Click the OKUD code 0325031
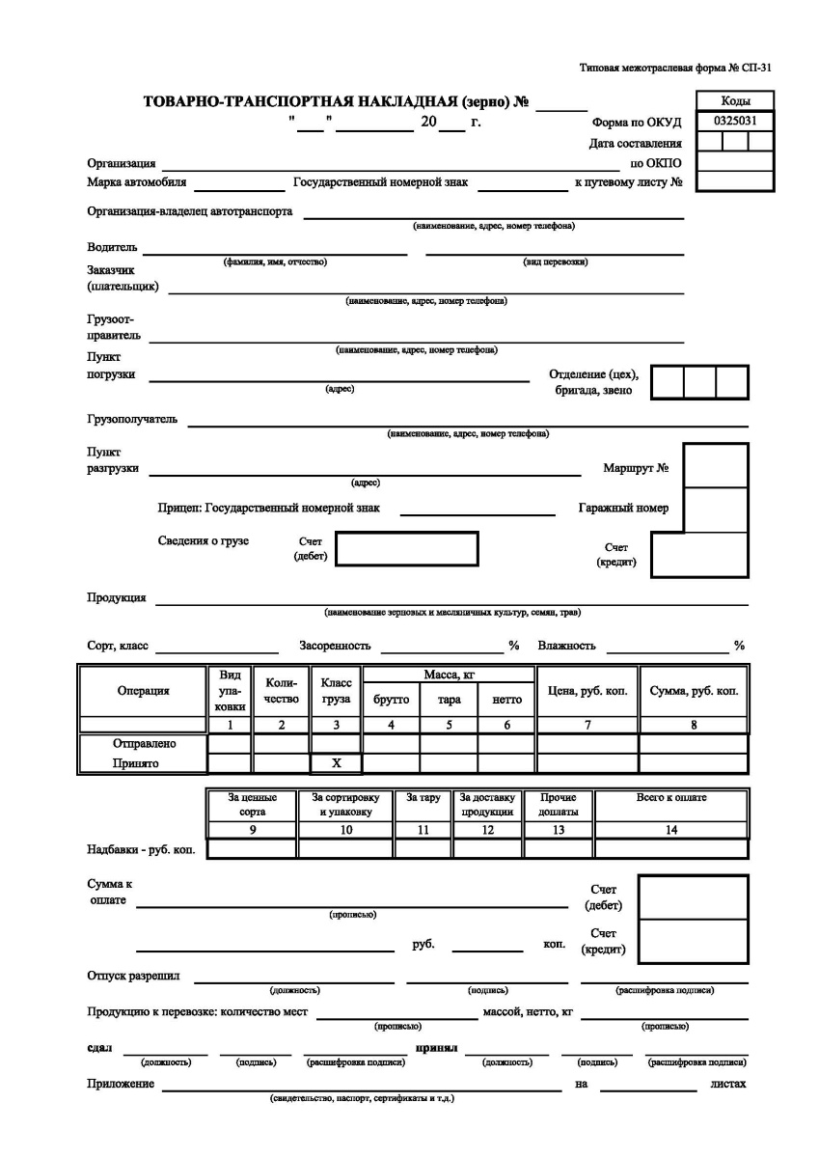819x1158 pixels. pos(734,122)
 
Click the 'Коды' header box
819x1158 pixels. pos(734,101)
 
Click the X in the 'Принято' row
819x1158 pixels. pos(336,763)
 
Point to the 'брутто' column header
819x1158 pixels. pos(391,700)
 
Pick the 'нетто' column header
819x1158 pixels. pos(506,700)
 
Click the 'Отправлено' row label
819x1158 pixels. pos(143,744)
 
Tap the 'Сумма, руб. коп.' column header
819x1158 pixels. pos(693,691)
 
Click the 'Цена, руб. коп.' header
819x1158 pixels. pos(587,691)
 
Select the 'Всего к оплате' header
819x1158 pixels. pos(671,798)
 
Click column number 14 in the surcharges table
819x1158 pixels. pos(671,829)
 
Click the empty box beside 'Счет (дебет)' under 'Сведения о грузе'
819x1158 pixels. pos(406,548)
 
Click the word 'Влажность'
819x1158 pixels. pos(567,645)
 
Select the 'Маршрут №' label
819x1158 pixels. pos(636,469)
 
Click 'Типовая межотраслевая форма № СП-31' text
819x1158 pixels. pos(676,69)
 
